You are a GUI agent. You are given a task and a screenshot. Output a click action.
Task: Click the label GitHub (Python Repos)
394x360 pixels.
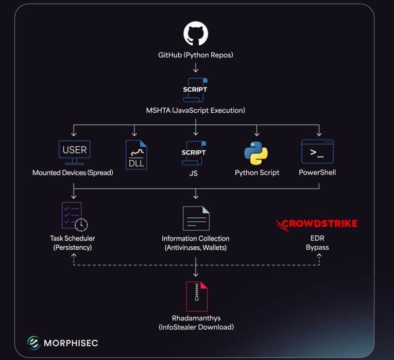tap(196, 55)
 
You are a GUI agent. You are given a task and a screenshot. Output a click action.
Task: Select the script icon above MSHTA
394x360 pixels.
tap(196, 89)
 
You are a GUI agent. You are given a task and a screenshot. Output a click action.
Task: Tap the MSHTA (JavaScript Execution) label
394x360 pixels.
tap(196, 110)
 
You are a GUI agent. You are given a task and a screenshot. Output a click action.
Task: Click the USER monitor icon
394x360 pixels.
tap(75, 151)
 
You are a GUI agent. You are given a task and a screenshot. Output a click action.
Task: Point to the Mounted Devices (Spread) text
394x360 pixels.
tap(73, 173)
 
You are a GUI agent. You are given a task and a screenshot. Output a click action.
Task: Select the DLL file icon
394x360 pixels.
tap(136, 155)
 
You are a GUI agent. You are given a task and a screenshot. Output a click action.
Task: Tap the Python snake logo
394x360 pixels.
tap(256, 153)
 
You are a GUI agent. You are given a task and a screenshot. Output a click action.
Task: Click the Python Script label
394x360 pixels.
tap(257, 173)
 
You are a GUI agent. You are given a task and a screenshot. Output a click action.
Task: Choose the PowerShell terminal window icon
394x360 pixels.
tap(317, 152)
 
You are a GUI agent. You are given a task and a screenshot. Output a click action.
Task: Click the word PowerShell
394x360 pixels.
tap(317, 173)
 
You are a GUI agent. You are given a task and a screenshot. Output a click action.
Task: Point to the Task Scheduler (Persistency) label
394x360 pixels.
tap(73, 243)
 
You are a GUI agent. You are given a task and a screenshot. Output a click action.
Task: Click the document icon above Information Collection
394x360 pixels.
tap(196, 218)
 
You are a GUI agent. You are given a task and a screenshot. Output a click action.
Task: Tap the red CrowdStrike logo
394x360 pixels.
tap(316, 224)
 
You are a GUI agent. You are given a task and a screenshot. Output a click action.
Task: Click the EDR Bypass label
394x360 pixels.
tap(317, 243)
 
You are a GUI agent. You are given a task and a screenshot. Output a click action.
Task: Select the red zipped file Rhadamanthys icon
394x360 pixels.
tap(196, 296)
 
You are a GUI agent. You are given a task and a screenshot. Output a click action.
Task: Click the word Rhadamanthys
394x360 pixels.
tap(196, 318)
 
